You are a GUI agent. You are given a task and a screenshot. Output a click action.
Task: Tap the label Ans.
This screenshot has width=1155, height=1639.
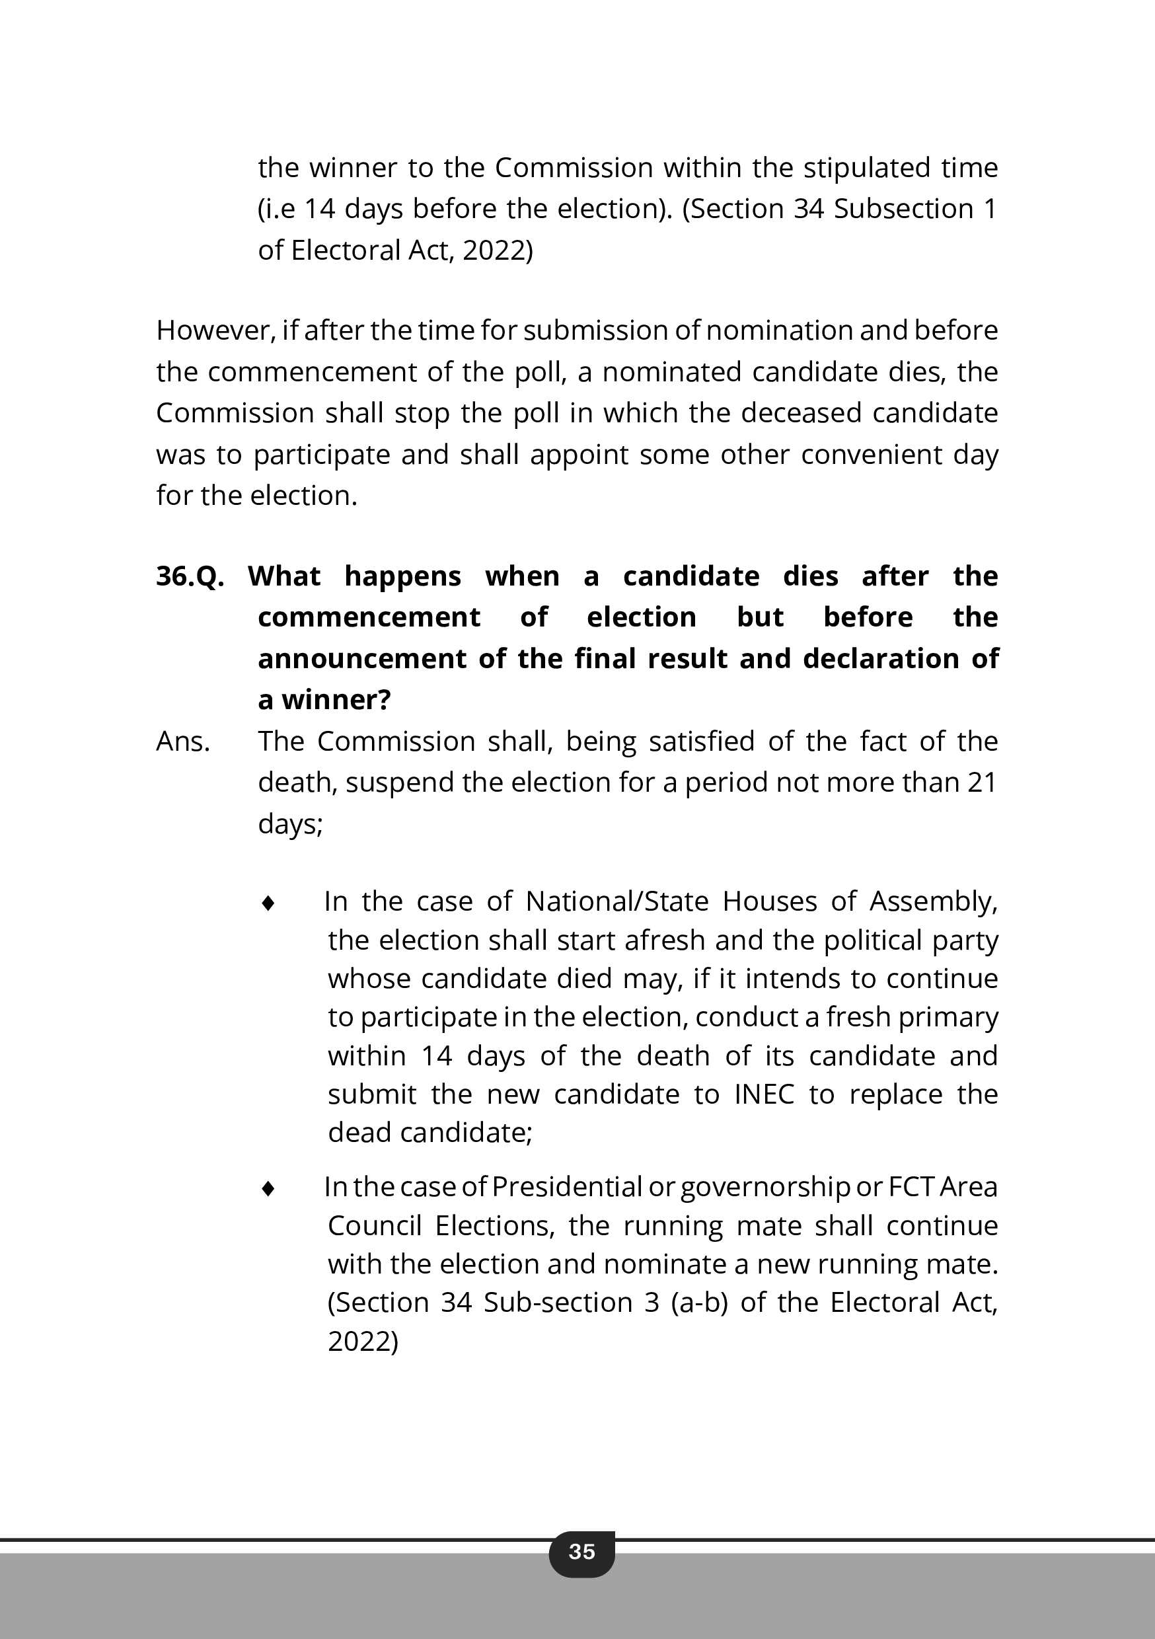[183, 742]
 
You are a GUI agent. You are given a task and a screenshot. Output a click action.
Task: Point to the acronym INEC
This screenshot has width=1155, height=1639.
[764, 1094]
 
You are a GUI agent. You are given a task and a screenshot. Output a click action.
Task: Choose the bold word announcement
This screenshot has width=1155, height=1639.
[362, 659]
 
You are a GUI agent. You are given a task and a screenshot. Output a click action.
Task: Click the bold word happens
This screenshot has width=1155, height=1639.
[402, 576]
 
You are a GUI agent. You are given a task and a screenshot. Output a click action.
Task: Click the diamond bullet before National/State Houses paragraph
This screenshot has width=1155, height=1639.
[268, 903]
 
